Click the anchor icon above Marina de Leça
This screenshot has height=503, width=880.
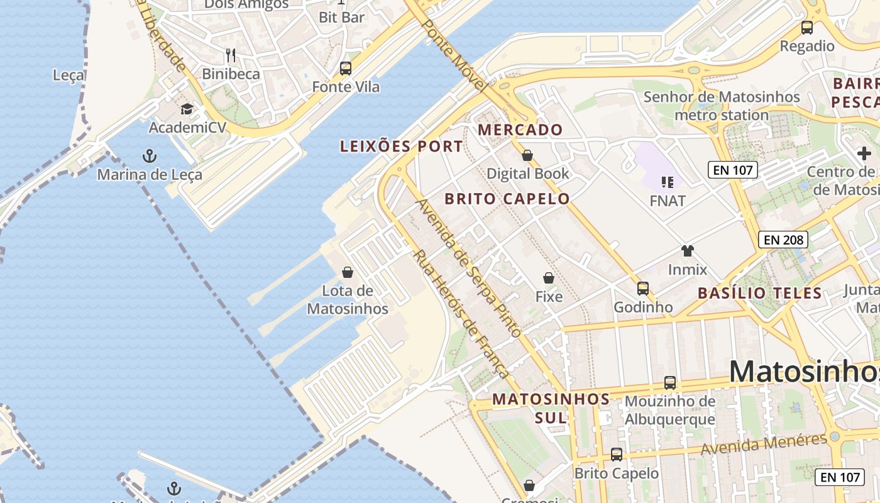[x=150, y=155]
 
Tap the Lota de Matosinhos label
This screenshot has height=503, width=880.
[x=347, y=300]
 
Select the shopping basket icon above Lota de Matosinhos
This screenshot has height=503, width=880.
[x=347, y=272]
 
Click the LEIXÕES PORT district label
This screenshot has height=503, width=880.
[x=401, y=146]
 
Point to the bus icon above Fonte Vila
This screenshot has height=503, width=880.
[x=345, y=69]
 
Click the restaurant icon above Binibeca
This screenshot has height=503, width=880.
[x=231, y=55]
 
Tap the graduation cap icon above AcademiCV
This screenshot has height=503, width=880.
[x=187, y=109]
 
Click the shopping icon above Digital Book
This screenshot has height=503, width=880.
[x=527, y=155]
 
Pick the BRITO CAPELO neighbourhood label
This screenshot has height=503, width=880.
[x=507, y=199]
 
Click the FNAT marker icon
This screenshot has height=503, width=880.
[x=667, y=182]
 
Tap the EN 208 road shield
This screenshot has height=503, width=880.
[x=783, y=240]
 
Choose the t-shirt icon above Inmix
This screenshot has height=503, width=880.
[x=687, y=251]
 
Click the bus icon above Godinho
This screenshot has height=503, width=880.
[x=642, y=289]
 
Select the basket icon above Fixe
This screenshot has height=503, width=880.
[x=549, y=278]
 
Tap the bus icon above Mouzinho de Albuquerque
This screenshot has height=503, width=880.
[x=670, y=383]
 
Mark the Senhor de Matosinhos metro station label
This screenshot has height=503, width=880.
[x=722, y=106]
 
